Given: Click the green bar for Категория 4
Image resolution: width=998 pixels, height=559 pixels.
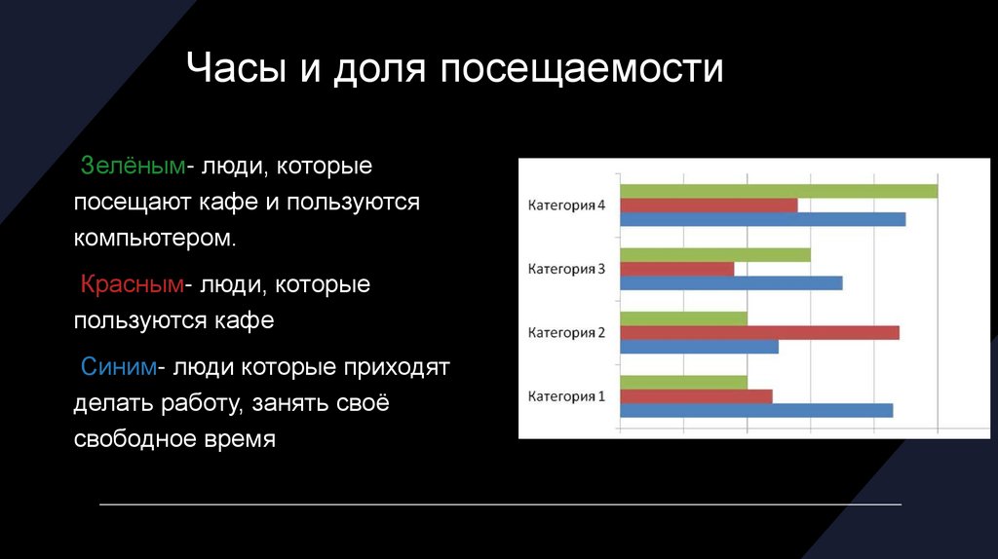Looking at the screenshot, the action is [x=779, y=191].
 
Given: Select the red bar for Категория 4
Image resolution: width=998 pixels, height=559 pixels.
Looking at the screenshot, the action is [x=710, y=205].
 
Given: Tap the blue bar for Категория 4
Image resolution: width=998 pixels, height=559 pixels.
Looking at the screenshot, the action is [x=763, y=219].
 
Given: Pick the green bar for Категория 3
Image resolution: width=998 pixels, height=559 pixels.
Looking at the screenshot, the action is [x=715, y=255].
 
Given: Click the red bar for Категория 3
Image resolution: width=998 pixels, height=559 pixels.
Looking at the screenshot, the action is [x=677, y=269].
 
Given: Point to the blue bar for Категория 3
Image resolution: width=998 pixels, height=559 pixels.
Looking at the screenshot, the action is [x=731, y=283].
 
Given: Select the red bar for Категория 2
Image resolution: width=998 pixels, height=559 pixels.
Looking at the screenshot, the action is [x=760, y=333].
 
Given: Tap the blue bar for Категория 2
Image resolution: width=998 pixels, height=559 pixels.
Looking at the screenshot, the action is [x=700, y=347].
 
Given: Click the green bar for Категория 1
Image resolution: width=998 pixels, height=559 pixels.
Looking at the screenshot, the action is [x=683, y=382].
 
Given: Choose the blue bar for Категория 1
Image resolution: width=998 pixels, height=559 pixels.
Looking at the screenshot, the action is [x=756, y=410].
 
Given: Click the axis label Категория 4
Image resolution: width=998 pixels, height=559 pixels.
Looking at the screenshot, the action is [x=566, y=205].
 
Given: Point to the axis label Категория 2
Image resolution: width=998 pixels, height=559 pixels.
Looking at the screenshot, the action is [x=566, y=333].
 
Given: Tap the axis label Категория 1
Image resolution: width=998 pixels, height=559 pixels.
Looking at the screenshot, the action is [x=566, y=396].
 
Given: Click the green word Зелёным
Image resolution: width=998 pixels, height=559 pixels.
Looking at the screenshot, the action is [x=133, y=166].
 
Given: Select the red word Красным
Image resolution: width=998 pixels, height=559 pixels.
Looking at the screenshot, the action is [x=133, y=283].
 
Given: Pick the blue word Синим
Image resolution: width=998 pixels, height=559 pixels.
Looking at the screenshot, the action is [x=118, y=366].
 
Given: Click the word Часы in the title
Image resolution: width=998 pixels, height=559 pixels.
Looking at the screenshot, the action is [x=236, y=67].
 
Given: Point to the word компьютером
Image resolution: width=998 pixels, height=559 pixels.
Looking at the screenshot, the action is [x=155, y=239].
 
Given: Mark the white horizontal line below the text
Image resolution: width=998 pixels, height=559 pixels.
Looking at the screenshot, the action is [x=500, y=504].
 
